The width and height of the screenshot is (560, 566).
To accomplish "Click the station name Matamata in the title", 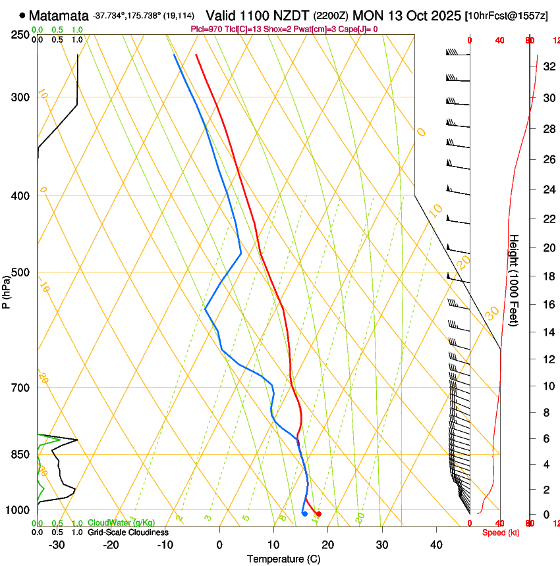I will click(58, 14).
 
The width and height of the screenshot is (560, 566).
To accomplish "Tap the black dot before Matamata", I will click(23, 14).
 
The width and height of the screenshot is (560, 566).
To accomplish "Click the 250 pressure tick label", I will click(19, 34).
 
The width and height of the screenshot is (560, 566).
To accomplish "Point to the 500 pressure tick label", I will click(19, 272).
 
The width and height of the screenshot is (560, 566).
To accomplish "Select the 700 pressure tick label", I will click(19, 388).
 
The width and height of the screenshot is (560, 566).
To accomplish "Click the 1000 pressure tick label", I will click(17, 510).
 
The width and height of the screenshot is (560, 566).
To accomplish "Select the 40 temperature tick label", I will click(435, 544).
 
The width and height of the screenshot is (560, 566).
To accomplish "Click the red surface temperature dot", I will click(319, 513).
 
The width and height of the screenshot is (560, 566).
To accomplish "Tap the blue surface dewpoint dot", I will click(304, 513).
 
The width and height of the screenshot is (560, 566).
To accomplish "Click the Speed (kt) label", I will click(501, 532).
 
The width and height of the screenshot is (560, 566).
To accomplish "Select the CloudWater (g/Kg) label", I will click(121, 523).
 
